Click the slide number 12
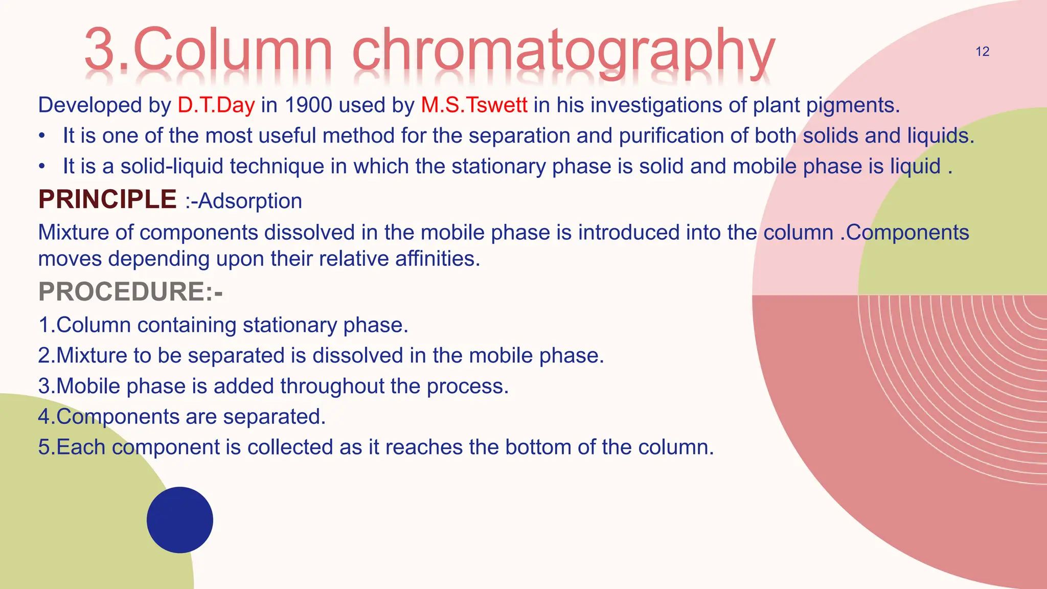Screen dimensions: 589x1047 click(982, 52)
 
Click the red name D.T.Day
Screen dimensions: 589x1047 click(216, 105)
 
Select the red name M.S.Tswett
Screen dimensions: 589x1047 click(474, 105)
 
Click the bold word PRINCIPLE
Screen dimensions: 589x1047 click(107, 199)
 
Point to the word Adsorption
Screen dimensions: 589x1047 click(250, 201)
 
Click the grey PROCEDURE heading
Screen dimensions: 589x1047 click(130, 292)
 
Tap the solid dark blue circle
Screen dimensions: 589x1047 click(180, 519)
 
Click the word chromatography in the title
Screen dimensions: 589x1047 click(563, 51)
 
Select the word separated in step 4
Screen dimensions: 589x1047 click(274, 417)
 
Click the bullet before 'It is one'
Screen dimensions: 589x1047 click(42, 136)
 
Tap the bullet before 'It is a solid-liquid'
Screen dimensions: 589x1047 click(42, 167)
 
